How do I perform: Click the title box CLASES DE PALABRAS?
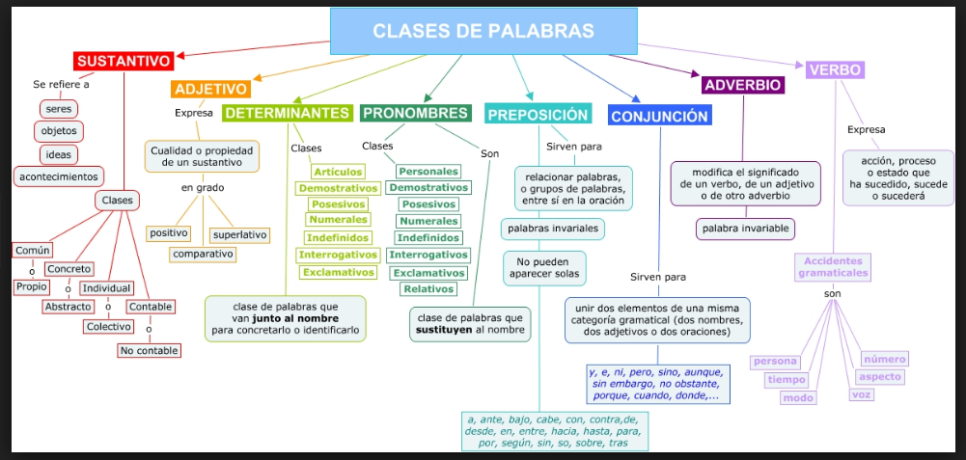[x=483, y=31]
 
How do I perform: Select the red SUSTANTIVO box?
[x=124, y=62]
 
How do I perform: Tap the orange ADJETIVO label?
[x=211, y=89]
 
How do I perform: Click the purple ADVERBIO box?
[x=743, y=85]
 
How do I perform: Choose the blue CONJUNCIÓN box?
[x=660, y=116]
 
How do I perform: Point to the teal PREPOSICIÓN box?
[x=538, y=114]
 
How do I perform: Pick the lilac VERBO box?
[x=836, y=69]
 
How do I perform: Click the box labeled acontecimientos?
[x=60, y=176]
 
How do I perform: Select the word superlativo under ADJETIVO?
[x=239, y=234]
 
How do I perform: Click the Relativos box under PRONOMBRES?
[x=429, y=289]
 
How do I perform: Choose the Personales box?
[x=428, y=172]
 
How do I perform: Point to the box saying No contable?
[x=149, y=350]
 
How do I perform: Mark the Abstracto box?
[x=68, y=307]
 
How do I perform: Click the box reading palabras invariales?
[x=553, y=229]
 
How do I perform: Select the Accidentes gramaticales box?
[x=834, y=266]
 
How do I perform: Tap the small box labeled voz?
[x=862, y=393]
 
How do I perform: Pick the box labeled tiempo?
[x=787, y=380]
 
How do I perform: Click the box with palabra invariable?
[x=746, y=229]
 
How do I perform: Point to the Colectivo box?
[x=108, y=326]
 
